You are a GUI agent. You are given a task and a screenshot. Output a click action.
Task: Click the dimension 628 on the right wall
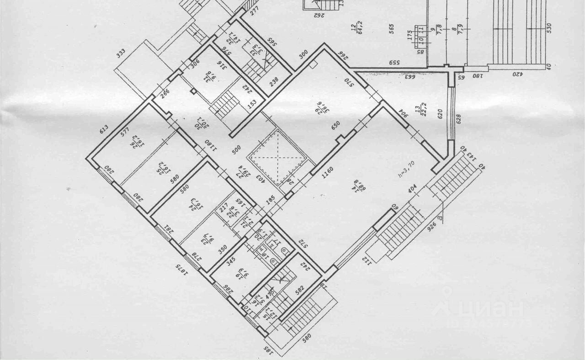point(458,120)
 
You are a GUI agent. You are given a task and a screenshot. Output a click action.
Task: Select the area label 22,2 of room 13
point(417,111)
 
